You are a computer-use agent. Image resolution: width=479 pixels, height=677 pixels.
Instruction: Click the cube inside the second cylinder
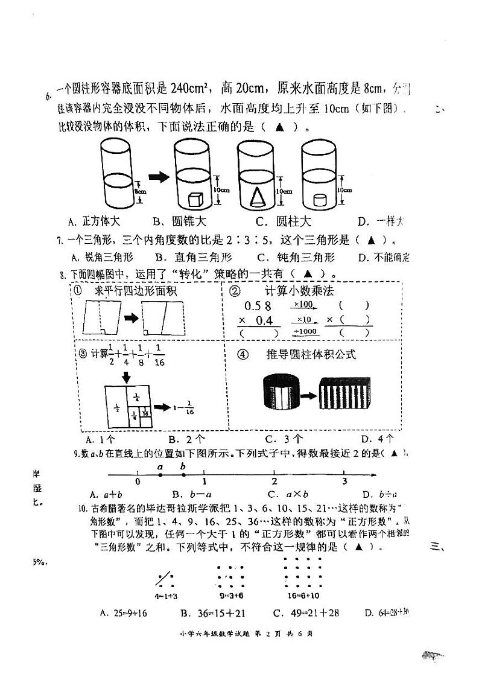point(195,200)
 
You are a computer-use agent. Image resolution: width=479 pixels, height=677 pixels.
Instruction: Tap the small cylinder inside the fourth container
point(319,201)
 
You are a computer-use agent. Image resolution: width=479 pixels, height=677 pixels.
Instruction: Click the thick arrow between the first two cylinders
point(159,177)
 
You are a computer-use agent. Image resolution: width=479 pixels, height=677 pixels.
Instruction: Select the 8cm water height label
point(141,191)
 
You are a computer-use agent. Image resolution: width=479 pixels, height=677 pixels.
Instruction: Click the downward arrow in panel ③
point(127,377)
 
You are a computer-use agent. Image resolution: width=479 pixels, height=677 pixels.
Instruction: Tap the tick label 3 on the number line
point(344,482)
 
